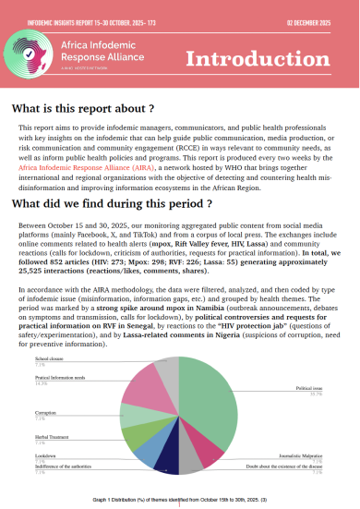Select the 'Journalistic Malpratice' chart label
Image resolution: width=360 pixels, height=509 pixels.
298,455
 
